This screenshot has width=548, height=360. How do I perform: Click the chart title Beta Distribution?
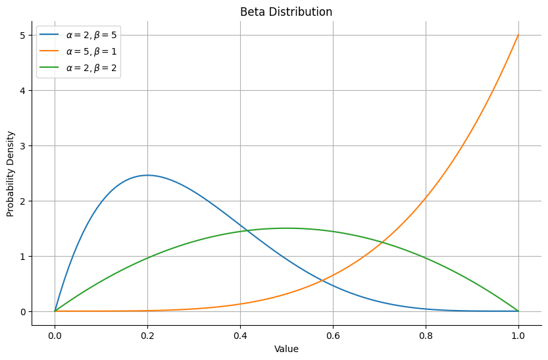[286, 12]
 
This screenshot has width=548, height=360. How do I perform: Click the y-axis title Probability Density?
[11, 174]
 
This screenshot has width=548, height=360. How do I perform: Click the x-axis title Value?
[286, 349]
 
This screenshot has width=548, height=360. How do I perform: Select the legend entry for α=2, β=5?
[91, 34]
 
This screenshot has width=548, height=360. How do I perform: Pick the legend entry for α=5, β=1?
[91, 51]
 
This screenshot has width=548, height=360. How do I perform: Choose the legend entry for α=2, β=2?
[91, 67]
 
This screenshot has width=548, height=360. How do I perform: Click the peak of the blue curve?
[147, 175]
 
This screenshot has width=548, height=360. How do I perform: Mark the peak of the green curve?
[286, 228]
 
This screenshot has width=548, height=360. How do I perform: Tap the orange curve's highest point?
[518, 35]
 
